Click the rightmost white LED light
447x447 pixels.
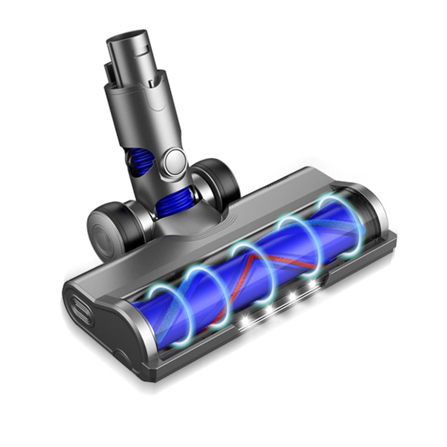click(313, 283)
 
